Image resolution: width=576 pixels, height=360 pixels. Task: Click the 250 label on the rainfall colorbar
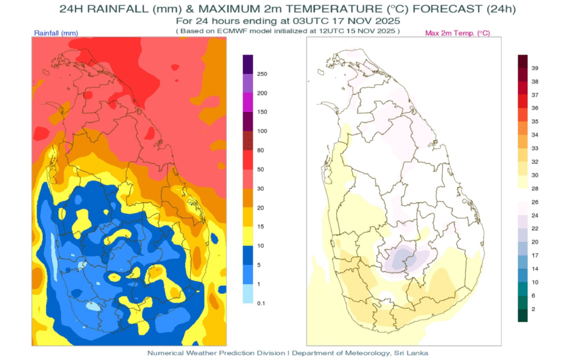coord(262,74)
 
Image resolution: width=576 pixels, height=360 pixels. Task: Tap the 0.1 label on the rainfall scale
coord(261,303)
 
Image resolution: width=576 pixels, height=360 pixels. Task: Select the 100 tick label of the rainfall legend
coord(262,131)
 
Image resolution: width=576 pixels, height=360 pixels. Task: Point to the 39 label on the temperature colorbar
coord(535,68)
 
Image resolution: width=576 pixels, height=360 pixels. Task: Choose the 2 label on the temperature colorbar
coord(534,309)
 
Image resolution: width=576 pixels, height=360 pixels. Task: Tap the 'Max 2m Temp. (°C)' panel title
coord(457,33)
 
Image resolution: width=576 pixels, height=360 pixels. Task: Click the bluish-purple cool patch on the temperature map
coord(402,259)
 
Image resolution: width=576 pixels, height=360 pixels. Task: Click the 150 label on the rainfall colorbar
coord(262,112)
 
